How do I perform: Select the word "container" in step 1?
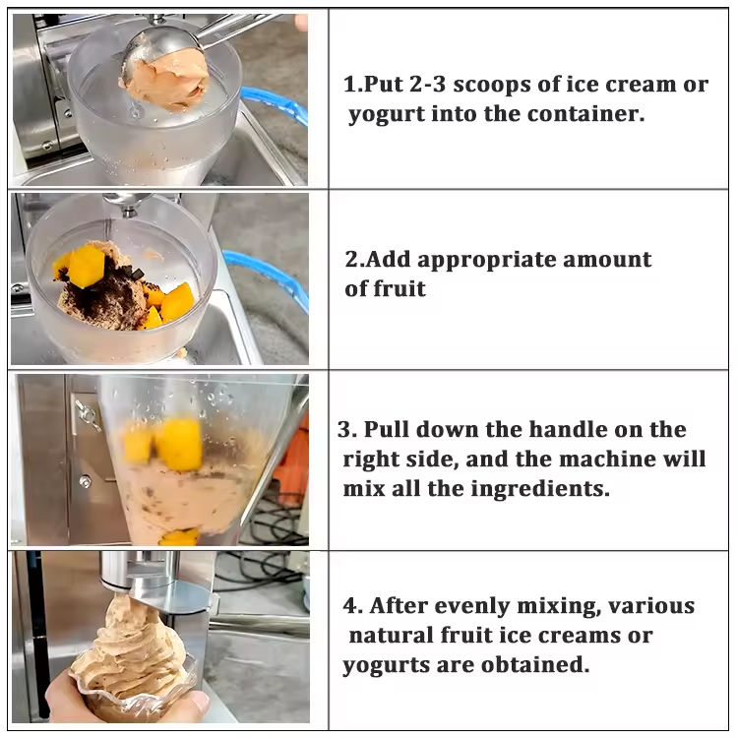[585, 114]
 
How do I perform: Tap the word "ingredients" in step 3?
[540, 489]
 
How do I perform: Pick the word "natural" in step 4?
[391, 636]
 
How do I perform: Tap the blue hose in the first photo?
[277, 105]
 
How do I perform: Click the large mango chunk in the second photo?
[86, 266]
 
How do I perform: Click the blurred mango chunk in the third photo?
[179, 445]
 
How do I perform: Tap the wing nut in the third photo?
[87, 413]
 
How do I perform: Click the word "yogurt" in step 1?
[386, 115]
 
